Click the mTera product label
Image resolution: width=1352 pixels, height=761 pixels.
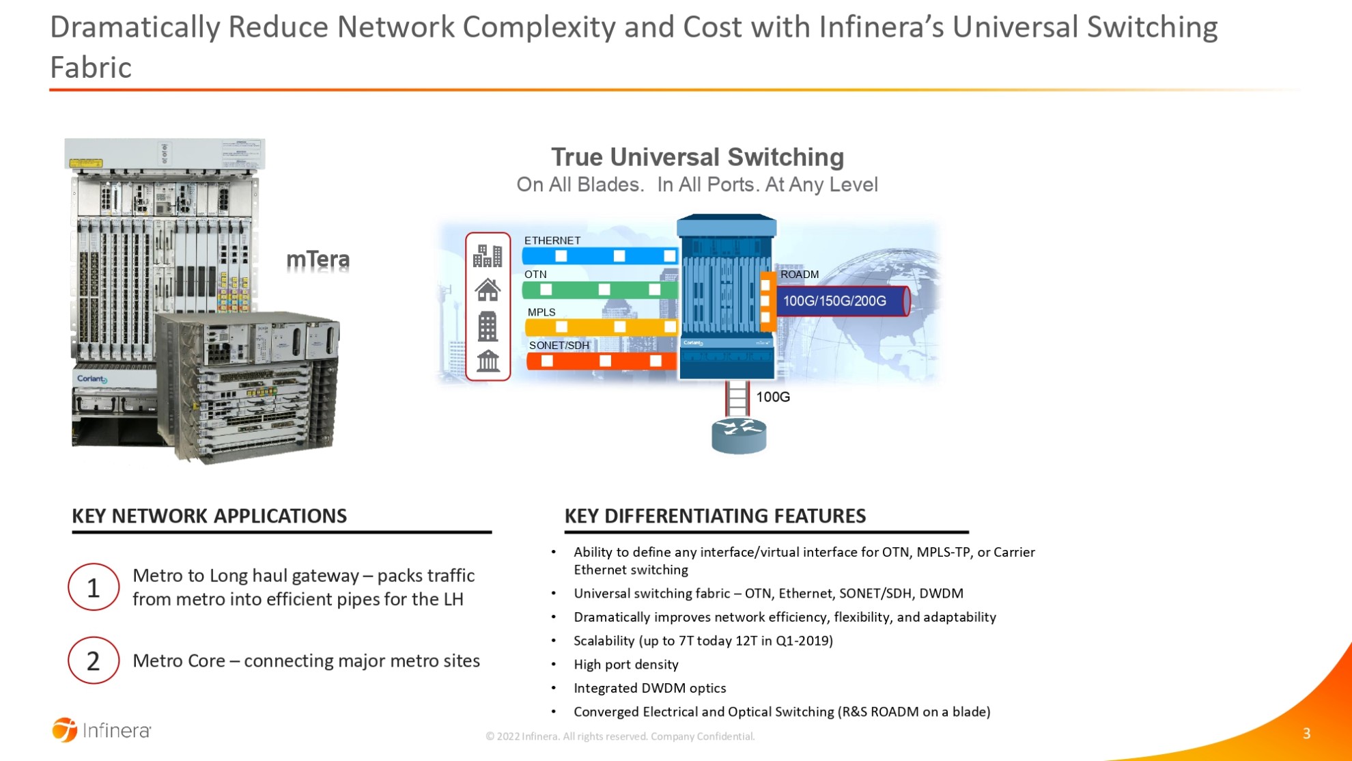click(x=318, y=260)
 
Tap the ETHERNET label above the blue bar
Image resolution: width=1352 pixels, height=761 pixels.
click(x=552, y=240)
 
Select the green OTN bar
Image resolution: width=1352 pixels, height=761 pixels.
click(x=599, y=290)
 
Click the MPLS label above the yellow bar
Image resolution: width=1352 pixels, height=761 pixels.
click(x=541, y=312)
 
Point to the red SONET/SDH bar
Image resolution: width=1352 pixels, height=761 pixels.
click(x=600, y=361)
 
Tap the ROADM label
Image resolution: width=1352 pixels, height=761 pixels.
click(x=799, y=275)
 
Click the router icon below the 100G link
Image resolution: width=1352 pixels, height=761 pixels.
click(x=738, y=435)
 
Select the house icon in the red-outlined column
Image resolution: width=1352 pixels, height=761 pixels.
click(x=488, y=290)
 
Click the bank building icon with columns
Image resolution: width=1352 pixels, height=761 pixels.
click(x=488, y=361)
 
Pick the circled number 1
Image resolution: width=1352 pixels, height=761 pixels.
click(x=94, y=587)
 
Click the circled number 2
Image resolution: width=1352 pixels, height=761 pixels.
click(x=94, y=661)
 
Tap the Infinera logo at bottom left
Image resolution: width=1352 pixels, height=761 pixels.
click(x=102, y=730)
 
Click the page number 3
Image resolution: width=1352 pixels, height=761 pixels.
click(x=1306, y=734)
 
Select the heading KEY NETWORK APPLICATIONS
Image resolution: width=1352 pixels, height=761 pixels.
click(x=209, y=516)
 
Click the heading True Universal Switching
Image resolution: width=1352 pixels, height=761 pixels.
click(x=697, y=157)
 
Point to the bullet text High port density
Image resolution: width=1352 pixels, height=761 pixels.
click(x=625, y=665)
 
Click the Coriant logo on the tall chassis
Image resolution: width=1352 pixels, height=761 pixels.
click(x=91, y=378)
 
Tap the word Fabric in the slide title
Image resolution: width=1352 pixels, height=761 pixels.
click(x=91, y=68)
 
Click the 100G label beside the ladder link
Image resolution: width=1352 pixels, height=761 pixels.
click(x=772, y=397)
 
